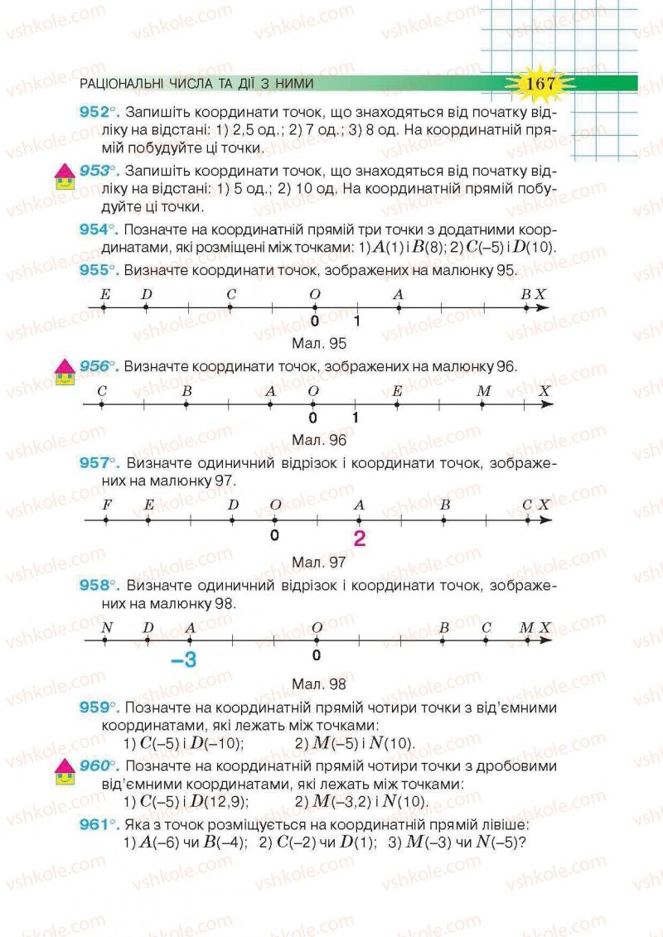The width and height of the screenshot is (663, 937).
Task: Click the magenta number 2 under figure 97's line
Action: point(359,539)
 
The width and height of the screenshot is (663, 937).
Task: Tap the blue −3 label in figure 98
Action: point(183,660)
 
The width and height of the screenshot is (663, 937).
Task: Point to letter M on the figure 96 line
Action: point(485,391)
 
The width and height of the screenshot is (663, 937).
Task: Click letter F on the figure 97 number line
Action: point(106,505)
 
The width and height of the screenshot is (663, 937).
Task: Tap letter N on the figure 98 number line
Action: point(106,628)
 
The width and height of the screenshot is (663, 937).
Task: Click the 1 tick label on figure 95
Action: point(357,322)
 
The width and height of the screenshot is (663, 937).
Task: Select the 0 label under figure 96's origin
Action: point(312,418)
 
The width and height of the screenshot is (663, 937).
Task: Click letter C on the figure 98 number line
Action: point(486,628)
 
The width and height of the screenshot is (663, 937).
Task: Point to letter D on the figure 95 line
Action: point(147,294)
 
